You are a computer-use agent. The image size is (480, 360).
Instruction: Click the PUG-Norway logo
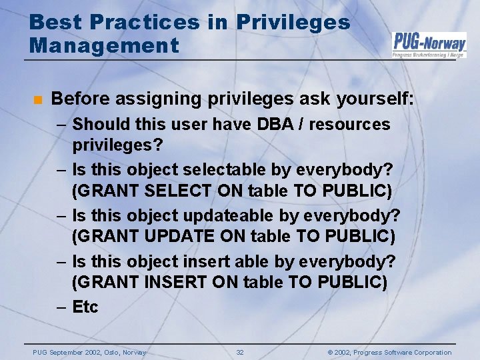point(429,44)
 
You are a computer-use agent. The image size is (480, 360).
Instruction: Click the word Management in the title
point(104,45)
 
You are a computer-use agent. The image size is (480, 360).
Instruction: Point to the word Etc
point(85,307)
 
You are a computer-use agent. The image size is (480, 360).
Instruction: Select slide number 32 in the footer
point(240,352)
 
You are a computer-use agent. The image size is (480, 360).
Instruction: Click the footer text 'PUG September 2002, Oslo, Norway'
point(89,352)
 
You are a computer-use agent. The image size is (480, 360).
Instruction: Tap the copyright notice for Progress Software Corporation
point(389,352)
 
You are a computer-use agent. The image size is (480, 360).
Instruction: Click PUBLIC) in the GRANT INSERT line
point(353,282)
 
